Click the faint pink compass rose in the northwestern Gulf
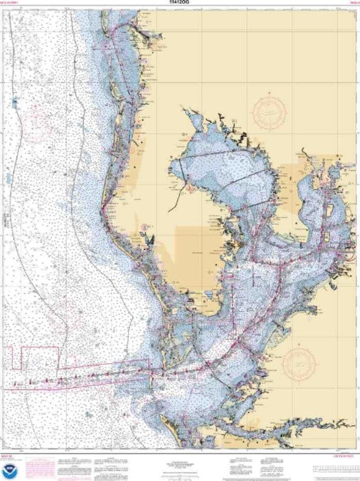(x=38, y=121)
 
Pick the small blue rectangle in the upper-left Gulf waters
(x=14, y=103)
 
